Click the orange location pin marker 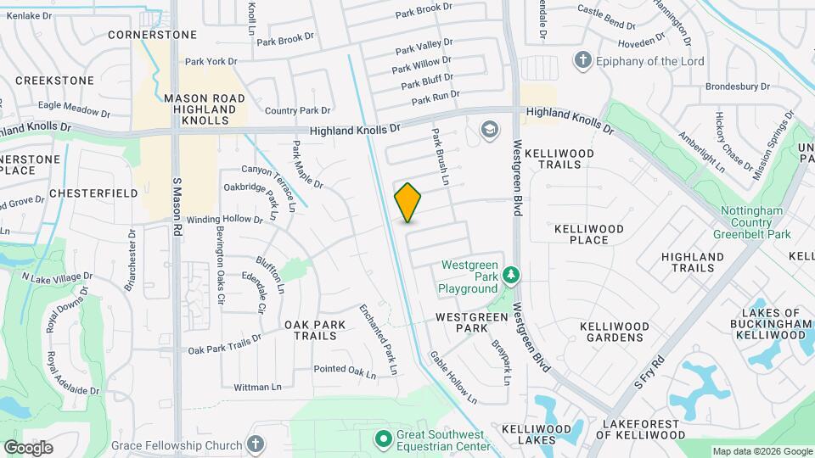[x=408, y=203]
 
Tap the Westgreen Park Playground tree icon [x=511, y=275]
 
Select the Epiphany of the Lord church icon [x=582, y=60]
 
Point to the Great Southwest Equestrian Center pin [x=383, y=438]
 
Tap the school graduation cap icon [x=489, y=130]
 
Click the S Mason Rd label [x=177, y=206]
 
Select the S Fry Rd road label [x=648, y=371]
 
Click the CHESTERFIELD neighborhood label [x=93, y=193]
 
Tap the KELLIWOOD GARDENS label [x=614, y=332]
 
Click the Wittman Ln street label [x=257, y=387]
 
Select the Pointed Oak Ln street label [x=345, y=370]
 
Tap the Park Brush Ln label [x=440, y=157]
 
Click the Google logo [x=28, y=447]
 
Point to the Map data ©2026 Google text [x=761, y=451]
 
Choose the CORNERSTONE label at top [x=153, y=35]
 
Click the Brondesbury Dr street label [x=737, y=87]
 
